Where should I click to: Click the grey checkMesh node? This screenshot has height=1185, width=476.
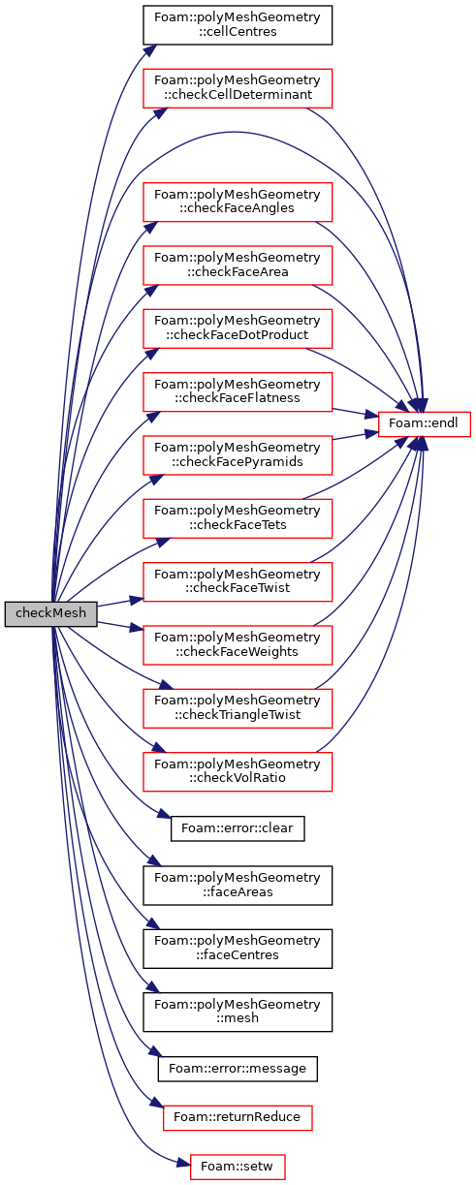(50, 613)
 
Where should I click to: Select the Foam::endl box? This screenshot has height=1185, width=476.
(424, 423)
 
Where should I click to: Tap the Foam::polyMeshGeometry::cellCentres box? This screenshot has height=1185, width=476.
(238, 25)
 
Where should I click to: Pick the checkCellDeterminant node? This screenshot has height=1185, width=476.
(238, 88)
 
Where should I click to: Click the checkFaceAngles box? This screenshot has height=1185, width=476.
(238, 202)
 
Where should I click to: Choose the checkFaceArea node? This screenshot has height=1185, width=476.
(238, 265)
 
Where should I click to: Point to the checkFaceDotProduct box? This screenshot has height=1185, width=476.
(238, 328)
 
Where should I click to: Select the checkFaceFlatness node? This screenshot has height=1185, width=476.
(238, 391)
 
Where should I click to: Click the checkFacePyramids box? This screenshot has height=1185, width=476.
(238, 455)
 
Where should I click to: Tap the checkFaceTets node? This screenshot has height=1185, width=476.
(238, 518)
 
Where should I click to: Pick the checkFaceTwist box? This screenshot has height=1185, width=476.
(238, 581)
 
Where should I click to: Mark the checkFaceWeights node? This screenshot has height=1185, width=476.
(238, 645)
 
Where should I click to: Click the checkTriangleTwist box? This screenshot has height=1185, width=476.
(238, 708)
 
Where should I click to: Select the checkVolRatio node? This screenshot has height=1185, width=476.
(238, 771)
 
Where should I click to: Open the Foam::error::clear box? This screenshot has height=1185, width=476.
(238, 828)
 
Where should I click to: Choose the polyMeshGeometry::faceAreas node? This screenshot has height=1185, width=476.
(238, 886)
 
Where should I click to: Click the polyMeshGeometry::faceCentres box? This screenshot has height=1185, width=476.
(238, 949)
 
